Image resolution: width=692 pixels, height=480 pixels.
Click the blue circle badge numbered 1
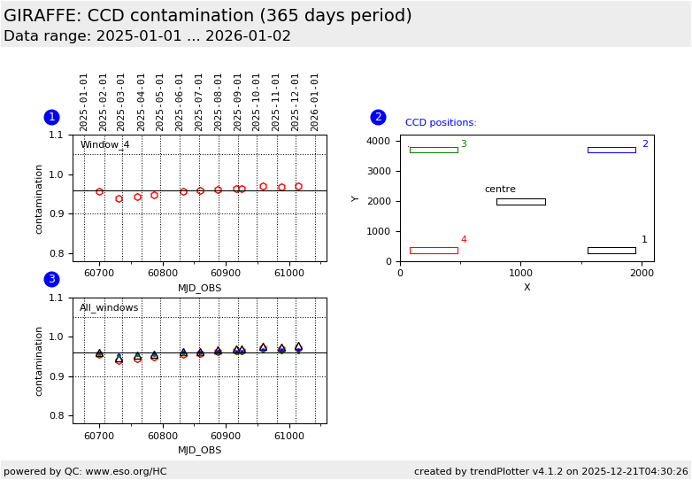pos(51,117)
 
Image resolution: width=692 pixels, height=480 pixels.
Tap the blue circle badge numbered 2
pos(378,117)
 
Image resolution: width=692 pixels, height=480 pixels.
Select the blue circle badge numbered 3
pos(51,279)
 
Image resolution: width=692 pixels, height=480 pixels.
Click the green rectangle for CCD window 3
pos(434,150)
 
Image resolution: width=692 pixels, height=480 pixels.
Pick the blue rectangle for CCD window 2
pos(611,150)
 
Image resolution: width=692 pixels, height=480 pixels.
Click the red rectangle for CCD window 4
pos(434,251)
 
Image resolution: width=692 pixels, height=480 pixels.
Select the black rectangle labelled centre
pos(520,202)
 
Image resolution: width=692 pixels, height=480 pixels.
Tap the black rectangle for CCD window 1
pos(611,251)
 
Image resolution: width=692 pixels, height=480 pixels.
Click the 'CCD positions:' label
pos(441,123)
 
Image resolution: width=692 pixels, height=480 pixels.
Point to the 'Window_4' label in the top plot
pos(104,145)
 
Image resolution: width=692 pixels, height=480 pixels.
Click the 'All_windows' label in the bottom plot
pos(109,308)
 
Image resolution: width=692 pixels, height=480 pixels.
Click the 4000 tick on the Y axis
pos(379,142)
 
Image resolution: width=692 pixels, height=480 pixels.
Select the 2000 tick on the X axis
pos(642,273)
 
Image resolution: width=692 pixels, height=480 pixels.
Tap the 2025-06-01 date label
pos(180,101)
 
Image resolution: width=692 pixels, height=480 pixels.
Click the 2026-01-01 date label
pos(315,101)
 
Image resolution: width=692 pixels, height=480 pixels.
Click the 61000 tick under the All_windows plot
pos(289,436)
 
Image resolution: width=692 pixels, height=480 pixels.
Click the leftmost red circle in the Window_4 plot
pos(99,191)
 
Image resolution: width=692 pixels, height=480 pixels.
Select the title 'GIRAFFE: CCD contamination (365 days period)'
pos(208,16)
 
